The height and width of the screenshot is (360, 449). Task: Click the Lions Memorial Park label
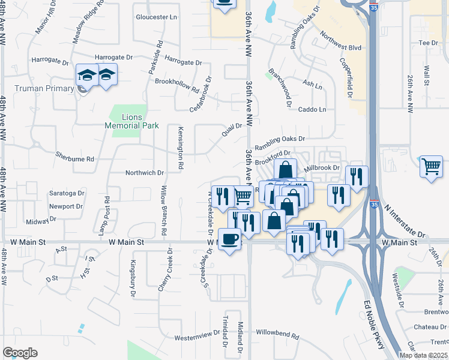point(131,121)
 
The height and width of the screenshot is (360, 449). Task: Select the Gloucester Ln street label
point(157,17)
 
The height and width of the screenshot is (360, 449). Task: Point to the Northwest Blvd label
point(341,42)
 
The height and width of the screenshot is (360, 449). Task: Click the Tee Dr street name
point(429,43)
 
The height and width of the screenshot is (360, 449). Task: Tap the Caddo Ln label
point(312,109)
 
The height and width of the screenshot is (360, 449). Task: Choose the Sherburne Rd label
point(74,160)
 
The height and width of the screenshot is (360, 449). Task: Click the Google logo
point(20,353)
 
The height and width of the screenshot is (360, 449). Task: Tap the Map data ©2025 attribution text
point(423,355)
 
